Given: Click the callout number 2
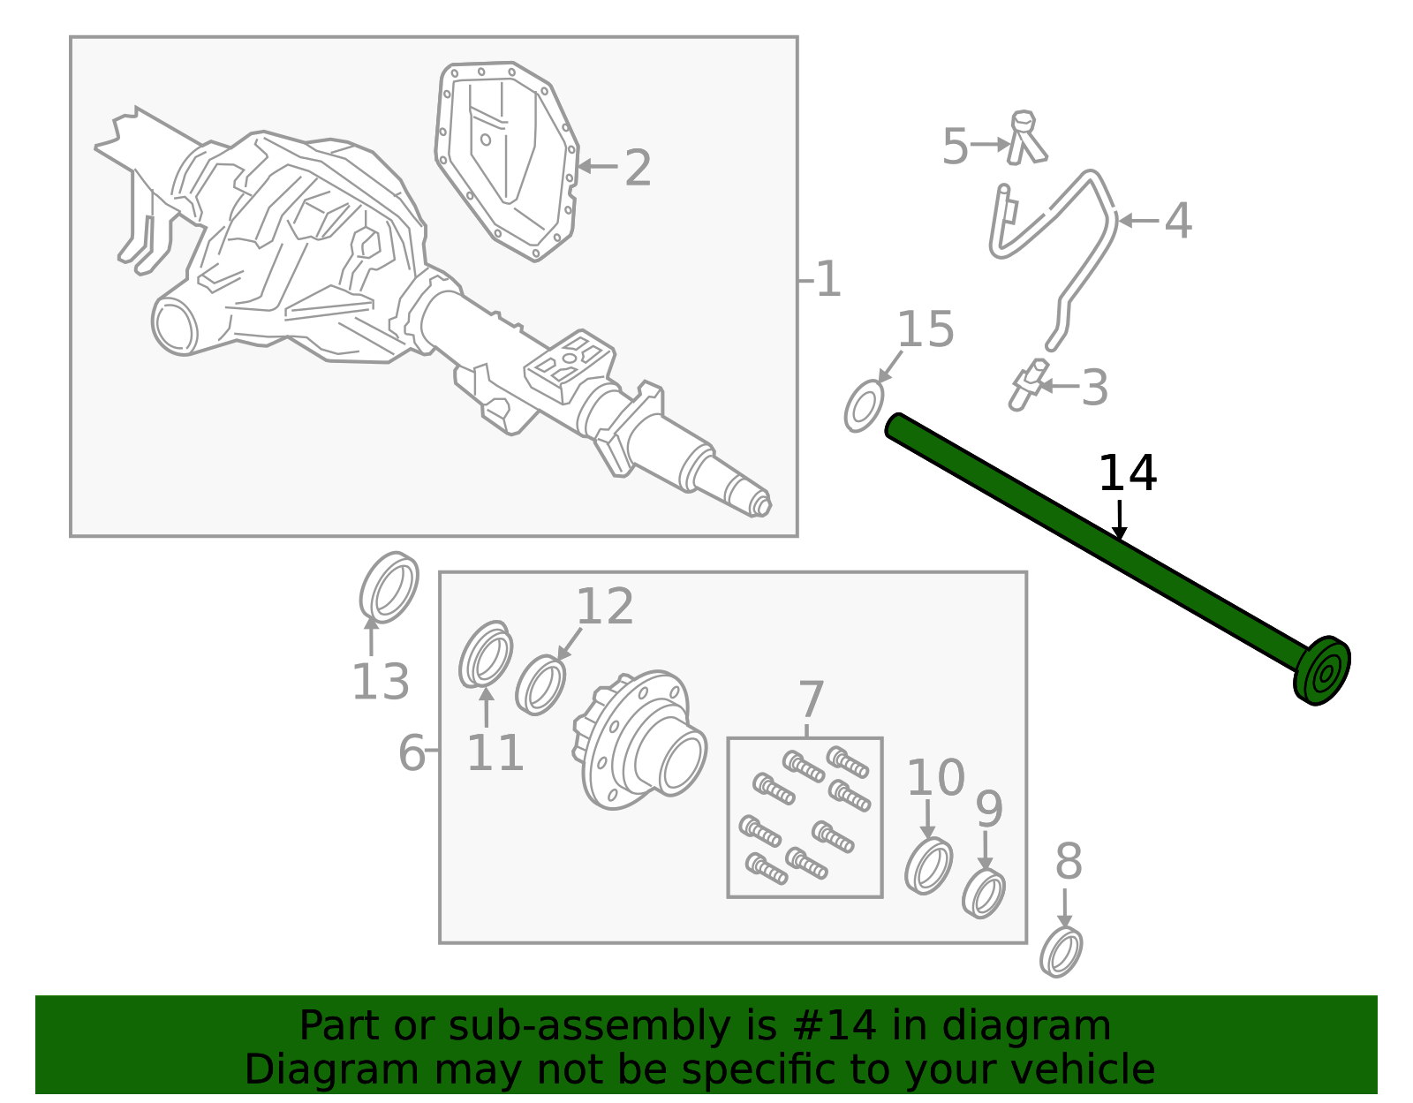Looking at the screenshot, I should (638, 168).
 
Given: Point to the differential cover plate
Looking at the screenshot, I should (507, 159).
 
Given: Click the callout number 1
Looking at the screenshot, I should (828, 280).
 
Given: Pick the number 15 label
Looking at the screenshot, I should (926, 329).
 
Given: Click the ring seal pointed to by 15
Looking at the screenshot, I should (864, 406).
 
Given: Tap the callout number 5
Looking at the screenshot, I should (955, 146).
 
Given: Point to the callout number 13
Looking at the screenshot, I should (381, 682).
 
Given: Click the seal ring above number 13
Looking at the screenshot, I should (389, 586).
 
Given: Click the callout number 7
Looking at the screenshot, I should (811, 699).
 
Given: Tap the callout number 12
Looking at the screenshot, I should (605, 607).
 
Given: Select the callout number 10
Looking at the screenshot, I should (936, 778).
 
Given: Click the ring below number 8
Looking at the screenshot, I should (1062, 952).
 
